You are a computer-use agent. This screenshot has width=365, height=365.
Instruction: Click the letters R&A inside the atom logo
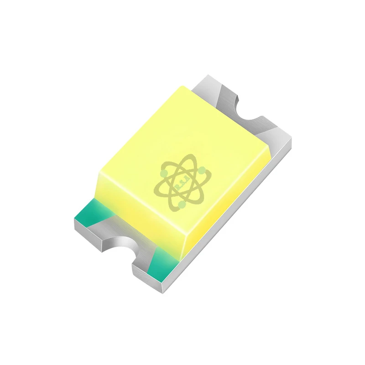point(181,186)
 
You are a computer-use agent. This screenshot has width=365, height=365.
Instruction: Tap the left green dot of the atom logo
point(163,173)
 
